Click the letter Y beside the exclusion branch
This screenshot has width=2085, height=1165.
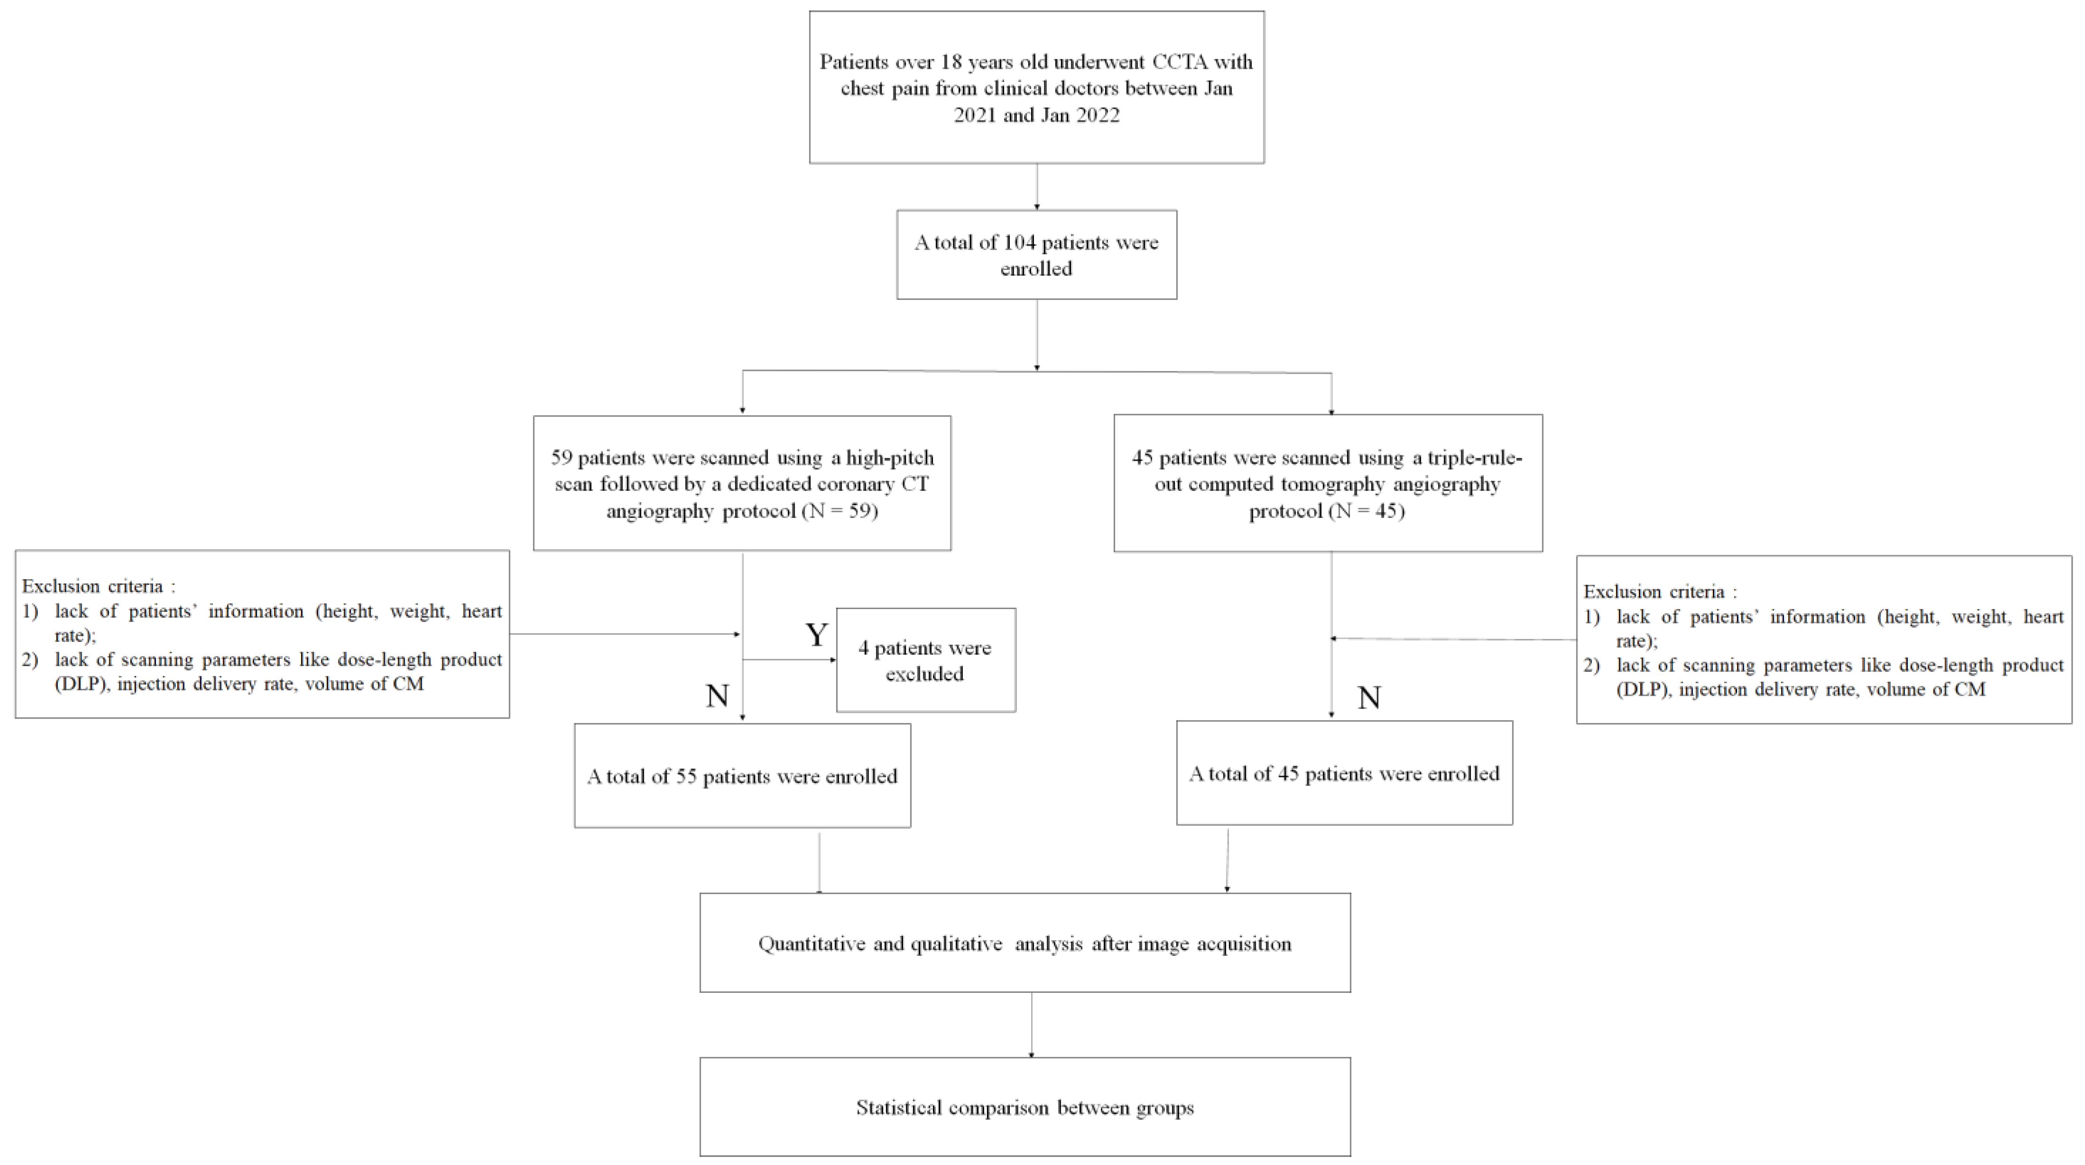point(816,636)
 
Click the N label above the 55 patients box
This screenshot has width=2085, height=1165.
point(717,696)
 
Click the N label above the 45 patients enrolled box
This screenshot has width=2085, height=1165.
point(1369,698)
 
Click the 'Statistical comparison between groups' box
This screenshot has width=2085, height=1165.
point(1024,1107)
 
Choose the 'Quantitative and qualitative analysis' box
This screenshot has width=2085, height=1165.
point(1024,943)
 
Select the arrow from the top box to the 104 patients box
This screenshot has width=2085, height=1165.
point(1037,188)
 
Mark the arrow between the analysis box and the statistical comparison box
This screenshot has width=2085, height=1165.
point(1031,1025)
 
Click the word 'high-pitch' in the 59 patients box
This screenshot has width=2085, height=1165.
point(889,457)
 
